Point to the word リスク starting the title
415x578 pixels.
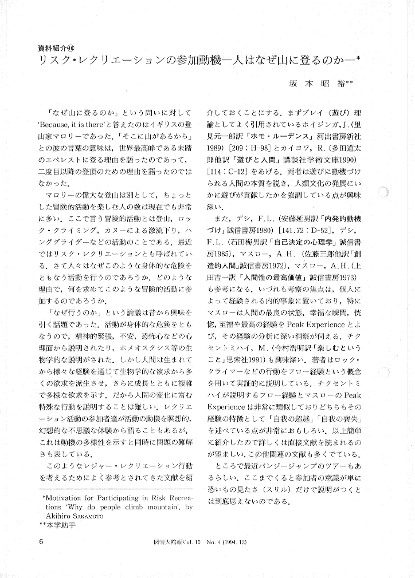pos(52,60)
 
